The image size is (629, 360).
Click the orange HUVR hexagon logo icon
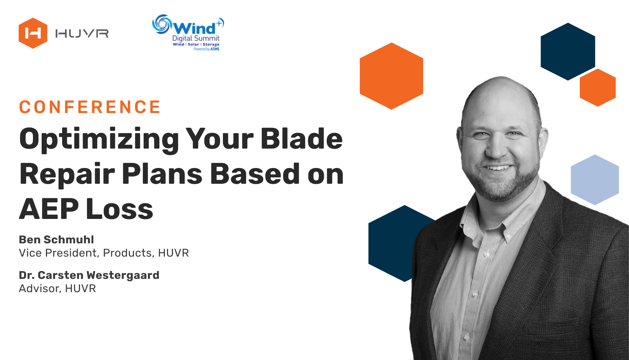coord(33,33)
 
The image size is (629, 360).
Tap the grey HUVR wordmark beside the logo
coord(82,34)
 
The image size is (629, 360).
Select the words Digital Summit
coord(196,38)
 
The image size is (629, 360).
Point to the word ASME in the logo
coord(215,49)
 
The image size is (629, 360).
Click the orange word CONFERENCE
coord(90,107)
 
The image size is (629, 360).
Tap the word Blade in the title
coord(302,138)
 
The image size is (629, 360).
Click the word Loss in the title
coord(120,209)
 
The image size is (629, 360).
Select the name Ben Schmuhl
coord(56,239)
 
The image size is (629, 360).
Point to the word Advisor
coord(39,289)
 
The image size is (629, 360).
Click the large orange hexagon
coord(391,76)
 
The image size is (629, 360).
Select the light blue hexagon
coord(595,179)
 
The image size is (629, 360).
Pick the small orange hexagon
coord(598,88)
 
